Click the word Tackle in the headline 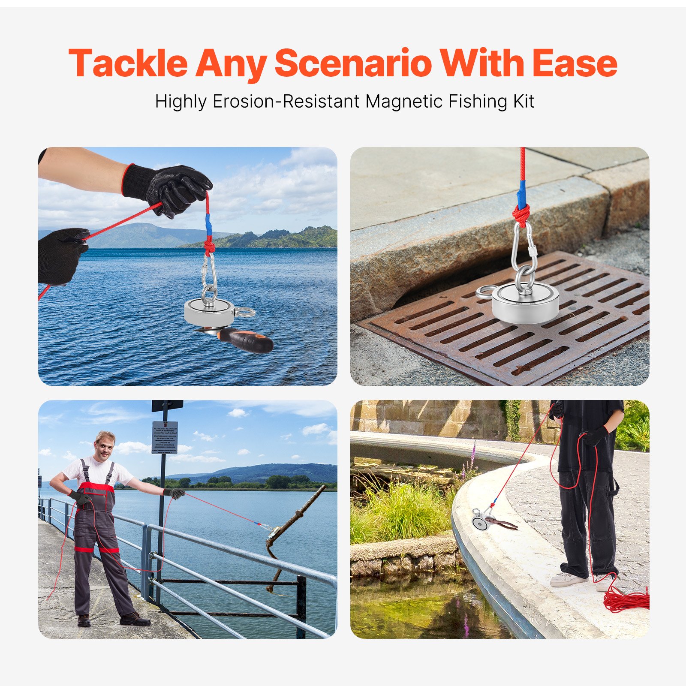tap(128, 63)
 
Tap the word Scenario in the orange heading tap(352, 63)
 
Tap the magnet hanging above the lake tap(209, 312)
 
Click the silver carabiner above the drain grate tap(524, 249)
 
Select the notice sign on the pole tap(165, 437)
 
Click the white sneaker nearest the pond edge tap(568, 579)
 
